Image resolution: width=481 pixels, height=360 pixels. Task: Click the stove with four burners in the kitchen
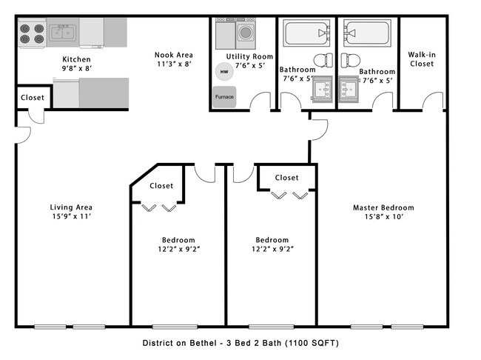33,33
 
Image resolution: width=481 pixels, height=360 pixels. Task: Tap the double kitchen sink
63,33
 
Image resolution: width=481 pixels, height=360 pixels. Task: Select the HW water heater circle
221,72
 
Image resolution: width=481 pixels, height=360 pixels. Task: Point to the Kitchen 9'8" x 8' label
76,64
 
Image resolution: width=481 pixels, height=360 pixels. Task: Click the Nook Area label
173,59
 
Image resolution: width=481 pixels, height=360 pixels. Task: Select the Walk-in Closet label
421,59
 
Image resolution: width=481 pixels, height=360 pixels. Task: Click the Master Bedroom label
383,213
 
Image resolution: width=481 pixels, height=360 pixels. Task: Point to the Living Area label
71,212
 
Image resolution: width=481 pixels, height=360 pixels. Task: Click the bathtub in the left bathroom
305,33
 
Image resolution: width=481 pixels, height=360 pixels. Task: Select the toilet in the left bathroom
323,60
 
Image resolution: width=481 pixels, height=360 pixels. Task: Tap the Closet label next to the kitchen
32,98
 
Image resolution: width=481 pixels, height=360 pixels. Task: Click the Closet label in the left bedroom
161,186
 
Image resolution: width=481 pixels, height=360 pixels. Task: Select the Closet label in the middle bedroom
286,178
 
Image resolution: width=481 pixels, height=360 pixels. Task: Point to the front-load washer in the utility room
246,33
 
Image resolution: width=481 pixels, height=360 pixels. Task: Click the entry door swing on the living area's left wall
23,133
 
